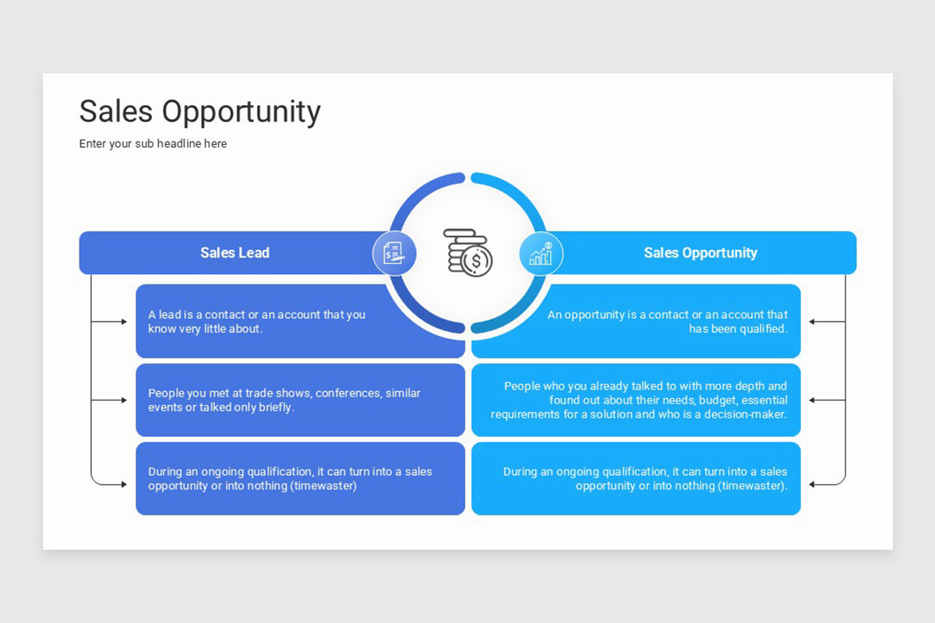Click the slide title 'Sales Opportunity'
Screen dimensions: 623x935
click(x=199, y=112)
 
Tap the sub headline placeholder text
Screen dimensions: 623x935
click(x=153, y=144)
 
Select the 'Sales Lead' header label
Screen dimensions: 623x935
click(x=235, y=253)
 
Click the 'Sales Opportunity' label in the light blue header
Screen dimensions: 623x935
click(x=700, y=253)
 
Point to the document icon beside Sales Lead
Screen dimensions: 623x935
click(x=394, y=253)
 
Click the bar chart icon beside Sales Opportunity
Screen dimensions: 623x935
click(x=541, y=253)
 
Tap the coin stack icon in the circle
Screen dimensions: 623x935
click(x=467, y=252)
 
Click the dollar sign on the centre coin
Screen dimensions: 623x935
click(x=476, y=261)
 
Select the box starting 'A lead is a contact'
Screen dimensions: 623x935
click(x=300, y=321)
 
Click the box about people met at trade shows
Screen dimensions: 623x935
click(x=300, y=400)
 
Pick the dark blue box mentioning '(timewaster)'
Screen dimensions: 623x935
click(x=300, y=478)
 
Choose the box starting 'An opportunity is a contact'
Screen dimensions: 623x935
click(x=636, y=321)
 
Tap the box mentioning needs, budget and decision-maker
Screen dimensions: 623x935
click(x=636, y=400)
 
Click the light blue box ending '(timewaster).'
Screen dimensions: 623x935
click(x=636, y=478)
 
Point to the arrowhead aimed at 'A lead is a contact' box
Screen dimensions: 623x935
click(x=123, y=322)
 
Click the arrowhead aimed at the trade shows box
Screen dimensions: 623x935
click(x=123, y=400)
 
